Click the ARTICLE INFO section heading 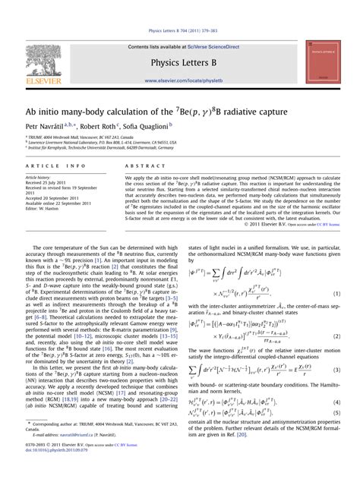tap(55, 165)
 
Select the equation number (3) tap(336, 370)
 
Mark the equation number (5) tap(336, 413)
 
